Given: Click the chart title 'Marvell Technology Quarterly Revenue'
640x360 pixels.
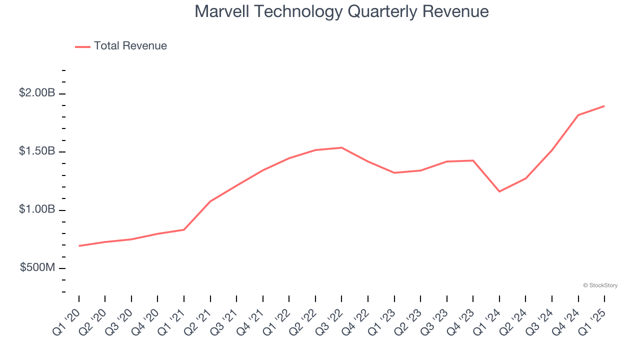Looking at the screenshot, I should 341,11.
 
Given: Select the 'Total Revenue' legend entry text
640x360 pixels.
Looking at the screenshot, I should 130,46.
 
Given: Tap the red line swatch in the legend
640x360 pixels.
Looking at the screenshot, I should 82,46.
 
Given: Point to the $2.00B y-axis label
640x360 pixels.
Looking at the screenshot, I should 37,93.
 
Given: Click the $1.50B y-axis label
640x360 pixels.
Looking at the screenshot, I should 37,151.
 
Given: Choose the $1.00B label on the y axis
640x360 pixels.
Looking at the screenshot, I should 37,209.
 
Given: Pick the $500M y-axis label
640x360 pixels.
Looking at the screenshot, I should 37,267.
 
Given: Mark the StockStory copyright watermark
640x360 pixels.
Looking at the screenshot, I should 600,285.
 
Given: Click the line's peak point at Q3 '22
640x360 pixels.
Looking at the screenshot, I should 341,147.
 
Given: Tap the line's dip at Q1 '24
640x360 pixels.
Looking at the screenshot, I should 499,191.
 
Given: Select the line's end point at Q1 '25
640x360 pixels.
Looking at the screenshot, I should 604,106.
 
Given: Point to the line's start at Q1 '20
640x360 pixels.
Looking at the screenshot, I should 79,246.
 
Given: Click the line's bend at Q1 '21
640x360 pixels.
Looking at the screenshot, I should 184,229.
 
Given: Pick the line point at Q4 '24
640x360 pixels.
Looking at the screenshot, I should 578,115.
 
